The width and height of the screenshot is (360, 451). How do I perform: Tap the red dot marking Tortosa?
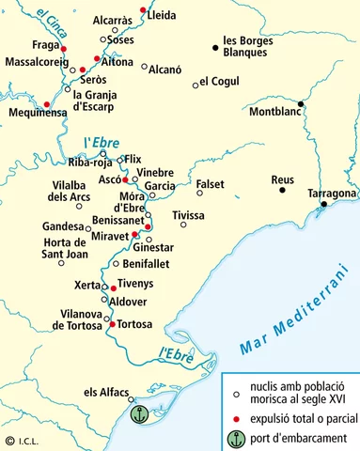coord(113,324)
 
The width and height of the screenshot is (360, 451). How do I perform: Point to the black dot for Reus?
coord(282,191)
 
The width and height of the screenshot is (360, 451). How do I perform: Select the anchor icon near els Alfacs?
coord(138,413)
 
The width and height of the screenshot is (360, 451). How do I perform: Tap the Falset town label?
coord(210,183)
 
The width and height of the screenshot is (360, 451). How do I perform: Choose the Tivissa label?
coord(188,216)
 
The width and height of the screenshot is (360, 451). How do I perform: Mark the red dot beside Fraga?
coord(64,47)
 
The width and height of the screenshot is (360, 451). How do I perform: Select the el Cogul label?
coord(217,84)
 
